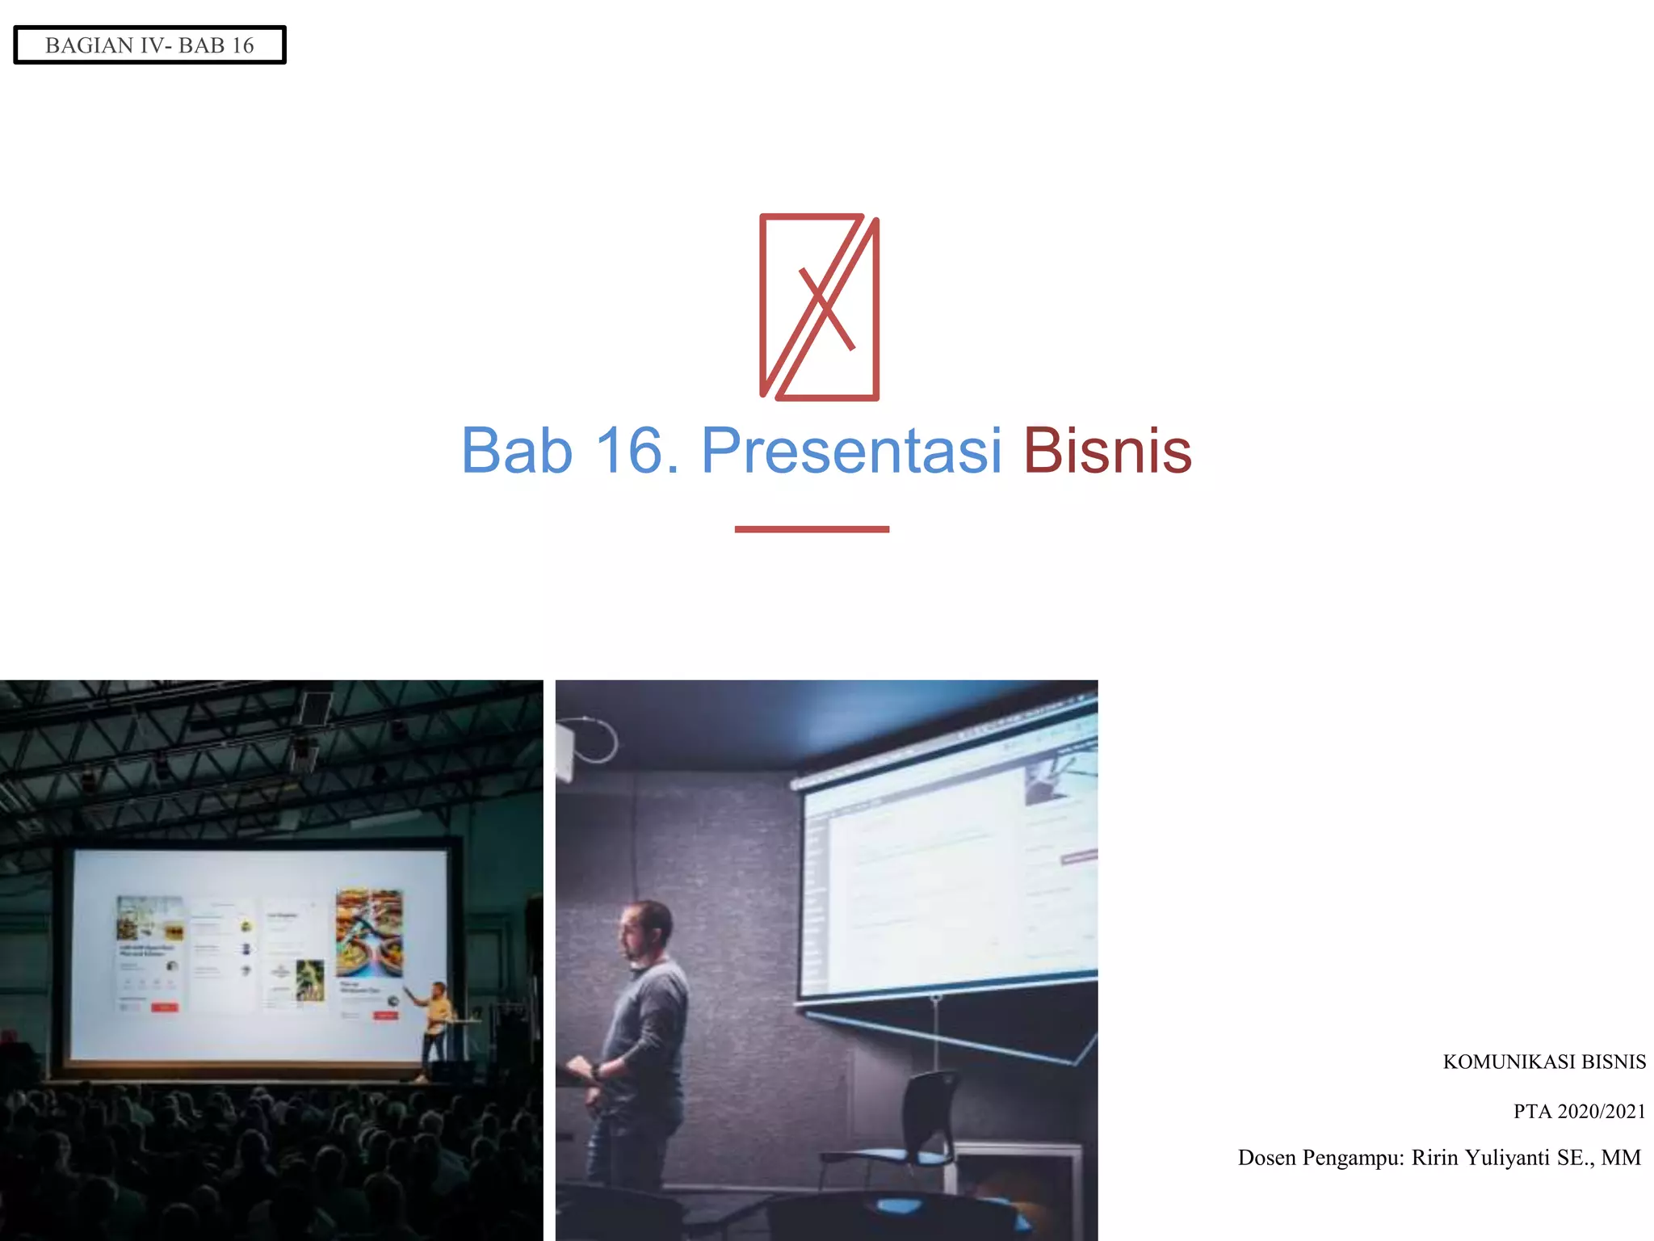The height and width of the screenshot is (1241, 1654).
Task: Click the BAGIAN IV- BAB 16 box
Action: [x=149, y=45]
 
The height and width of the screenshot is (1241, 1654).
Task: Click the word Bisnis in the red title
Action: [x=1106, y=451]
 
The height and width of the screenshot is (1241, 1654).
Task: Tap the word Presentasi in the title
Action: [x=851, y=451]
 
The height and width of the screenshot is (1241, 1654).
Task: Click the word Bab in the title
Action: [x=517, y=451]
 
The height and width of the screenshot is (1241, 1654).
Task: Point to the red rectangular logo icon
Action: [x=819, y=307]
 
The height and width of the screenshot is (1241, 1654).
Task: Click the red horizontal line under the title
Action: [x=812, y=529]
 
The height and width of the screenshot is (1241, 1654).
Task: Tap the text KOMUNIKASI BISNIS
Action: [x=1543, y=1062]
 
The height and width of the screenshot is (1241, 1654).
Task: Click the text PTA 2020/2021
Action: [x=1579, y=1111]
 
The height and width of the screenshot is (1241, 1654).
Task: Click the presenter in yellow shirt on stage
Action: [x=437, y=1020]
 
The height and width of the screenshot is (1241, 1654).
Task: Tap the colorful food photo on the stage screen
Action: [x=369, y=933]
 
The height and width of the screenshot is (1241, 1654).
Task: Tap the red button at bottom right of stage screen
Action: [x=385, y=1015]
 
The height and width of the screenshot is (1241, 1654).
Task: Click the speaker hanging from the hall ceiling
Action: [x=314, y=709]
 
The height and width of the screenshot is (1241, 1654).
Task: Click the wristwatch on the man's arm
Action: [x=596, y=1072]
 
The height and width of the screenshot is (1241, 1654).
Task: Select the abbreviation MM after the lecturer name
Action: [x=1620, y=1158]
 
